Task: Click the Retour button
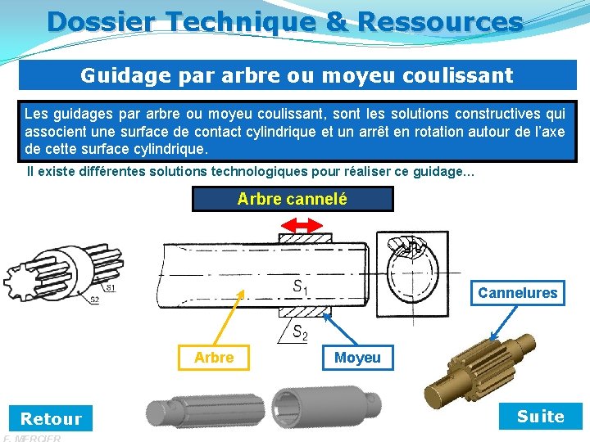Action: [x=51, y=419]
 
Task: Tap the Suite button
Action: [x=540, y=417]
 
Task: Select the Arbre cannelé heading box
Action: [x=293, y=199]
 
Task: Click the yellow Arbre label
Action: [x=214, y=358]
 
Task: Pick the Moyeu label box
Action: [x=357, y=358]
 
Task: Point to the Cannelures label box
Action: [x=517, y=293]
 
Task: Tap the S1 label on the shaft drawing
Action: [x=301, y=287]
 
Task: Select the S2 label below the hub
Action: [x=301, y=331]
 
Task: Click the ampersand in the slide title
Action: [x=336, y=21]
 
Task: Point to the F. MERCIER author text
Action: [x=33, y=438]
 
